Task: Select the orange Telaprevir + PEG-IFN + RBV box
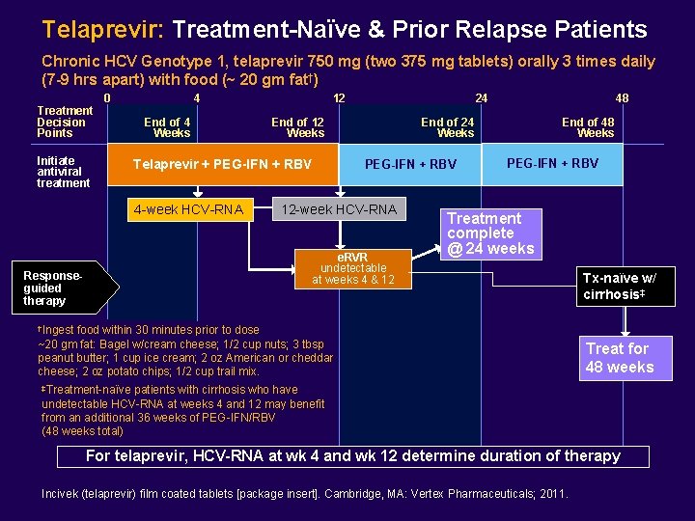221,164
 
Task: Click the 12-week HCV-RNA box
338,209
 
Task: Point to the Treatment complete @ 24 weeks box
489,233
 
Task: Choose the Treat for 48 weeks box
619,358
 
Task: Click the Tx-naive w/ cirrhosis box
619,286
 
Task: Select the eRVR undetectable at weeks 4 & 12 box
352,268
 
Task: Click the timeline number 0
107,97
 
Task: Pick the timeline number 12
339,97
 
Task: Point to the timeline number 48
622,97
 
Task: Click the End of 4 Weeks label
167,127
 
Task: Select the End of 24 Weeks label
447,127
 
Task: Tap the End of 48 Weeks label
588,127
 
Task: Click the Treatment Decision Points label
64,122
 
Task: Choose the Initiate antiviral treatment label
63,172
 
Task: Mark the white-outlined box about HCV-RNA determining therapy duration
353,456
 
